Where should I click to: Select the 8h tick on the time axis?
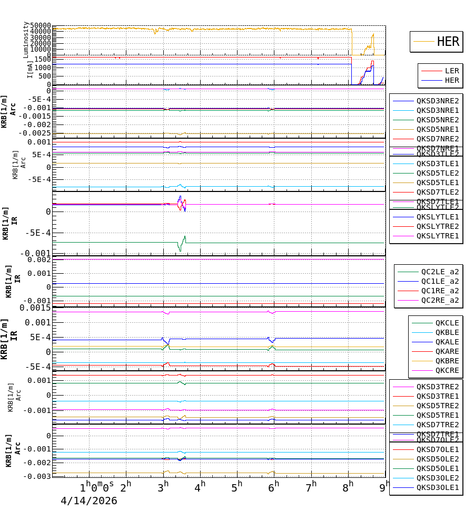click(x=348, y=485)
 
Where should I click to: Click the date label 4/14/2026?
click(x=88, y=501)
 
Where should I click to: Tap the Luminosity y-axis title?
click(x=26, y=40)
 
